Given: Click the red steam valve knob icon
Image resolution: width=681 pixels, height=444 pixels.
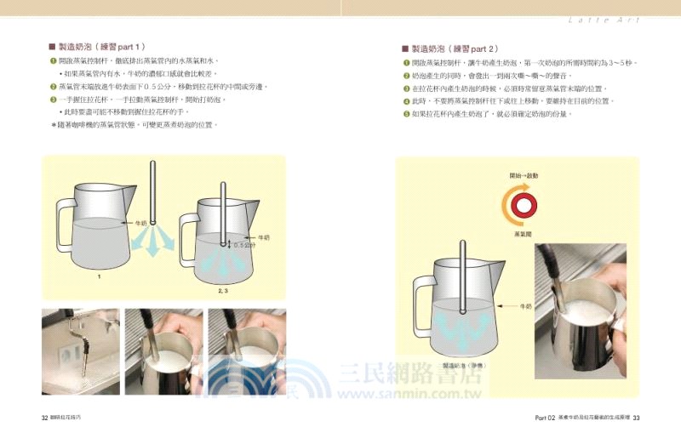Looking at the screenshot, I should (522, 205).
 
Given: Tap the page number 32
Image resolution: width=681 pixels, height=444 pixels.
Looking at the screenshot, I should (45, 417).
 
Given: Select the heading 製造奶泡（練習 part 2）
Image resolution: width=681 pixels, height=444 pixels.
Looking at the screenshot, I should (455, 49).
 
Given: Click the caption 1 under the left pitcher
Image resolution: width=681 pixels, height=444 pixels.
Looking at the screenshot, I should (99, 276).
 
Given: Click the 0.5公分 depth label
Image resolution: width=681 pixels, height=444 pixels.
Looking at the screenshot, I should (245, 246).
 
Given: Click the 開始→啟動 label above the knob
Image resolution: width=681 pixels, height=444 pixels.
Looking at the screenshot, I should (524, 175).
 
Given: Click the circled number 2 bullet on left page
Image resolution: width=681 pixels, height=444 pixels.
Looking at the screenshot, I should (54, 87).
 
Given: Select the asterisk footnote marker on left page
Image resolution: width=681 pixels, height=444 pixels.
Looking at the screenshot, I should (54, 124).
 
